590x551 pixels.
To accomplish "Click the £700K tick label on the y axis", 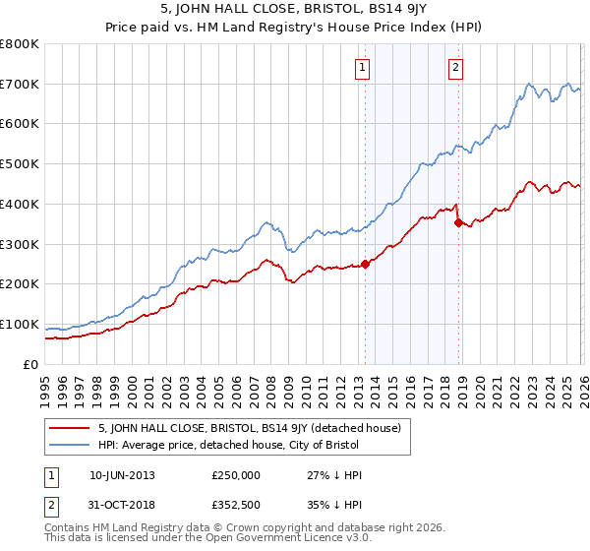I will tap(20, 84).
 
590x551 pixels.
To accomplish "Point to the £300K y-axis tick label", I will tap(20, 244).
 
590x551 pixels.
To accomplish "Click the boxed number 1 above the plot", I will tap(363, 68).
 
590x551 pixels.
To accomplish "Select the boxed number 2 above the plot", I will tap(456, 68).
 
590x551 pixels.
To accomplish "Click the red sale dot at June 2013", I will tap(365, 264).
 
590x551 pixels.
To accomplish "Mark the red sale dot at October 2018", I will tap(458, 223).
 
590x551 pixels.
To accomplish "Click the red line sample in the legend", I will tap(70, 428).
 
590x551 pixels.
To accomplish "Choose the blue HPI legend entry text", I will tap(256, 446).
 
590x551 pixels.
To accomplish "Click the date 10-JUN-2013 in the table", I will tap(122, 475).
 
